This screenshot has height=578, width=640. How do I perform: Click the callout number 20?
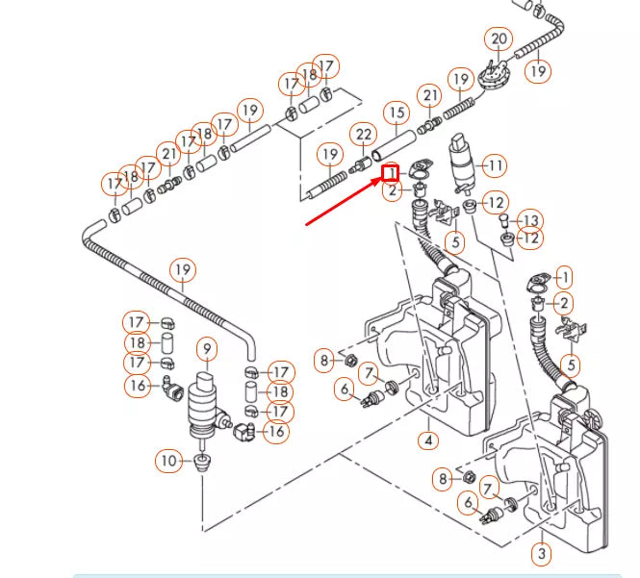pyautogui.click(x=499, y=39)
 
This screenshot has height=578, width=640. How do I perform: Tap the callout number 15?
pyautogui.click(x=397, y=113)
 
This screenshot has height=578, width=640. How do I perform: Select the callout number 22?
pyautogui.click(x=364, y=135)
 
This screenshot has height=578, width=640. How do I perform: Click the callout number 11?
pyautogui.click(x=495, y=165)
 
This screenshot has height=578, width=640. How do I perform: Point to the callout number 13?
pyautogui.click(x=530, y=220)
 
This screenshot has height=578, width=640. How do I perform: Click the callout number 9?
pyautogui.click(x=207, y=349)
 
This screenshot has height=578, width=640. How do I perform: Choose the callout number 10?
pyautogui.click(x=168, y=461)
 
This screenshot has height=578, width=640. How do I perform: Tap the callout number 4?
pyautogui.click(x=428, y=440)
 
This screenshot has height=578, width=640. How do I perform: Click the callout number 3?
pyautogui.click(x=542, y=554)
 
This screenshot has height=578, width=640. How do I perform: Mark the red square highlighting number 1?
pyautogui.click(x=390, y=173)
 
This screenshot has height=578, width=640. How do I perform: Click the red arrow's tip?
pyautogui.click(x=381, y=179)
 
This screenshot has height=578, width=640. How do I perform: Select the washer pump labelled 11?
pyautogui.click(x=461, y=164)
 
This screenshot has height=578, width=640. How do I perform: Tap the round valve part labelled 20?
pyautogui.click(x=493, y=74)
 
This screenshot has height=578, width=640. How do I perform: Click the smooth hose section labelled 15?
pyautogui.click(x=393, y=146)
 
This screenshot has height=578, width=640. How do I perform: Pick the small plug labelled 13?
pyautogui.click(x=504, y=220)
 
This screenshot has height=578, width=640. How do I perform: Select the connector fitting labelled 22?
pyautogui.click(x=360, y=165)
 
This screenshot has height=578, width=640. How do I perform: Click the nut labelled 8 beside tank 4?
pyautogui.click(x=349, y=361)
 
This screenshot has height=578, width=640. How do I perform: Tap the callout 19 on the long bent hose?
pyautogui.click(x=183, y=270)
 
